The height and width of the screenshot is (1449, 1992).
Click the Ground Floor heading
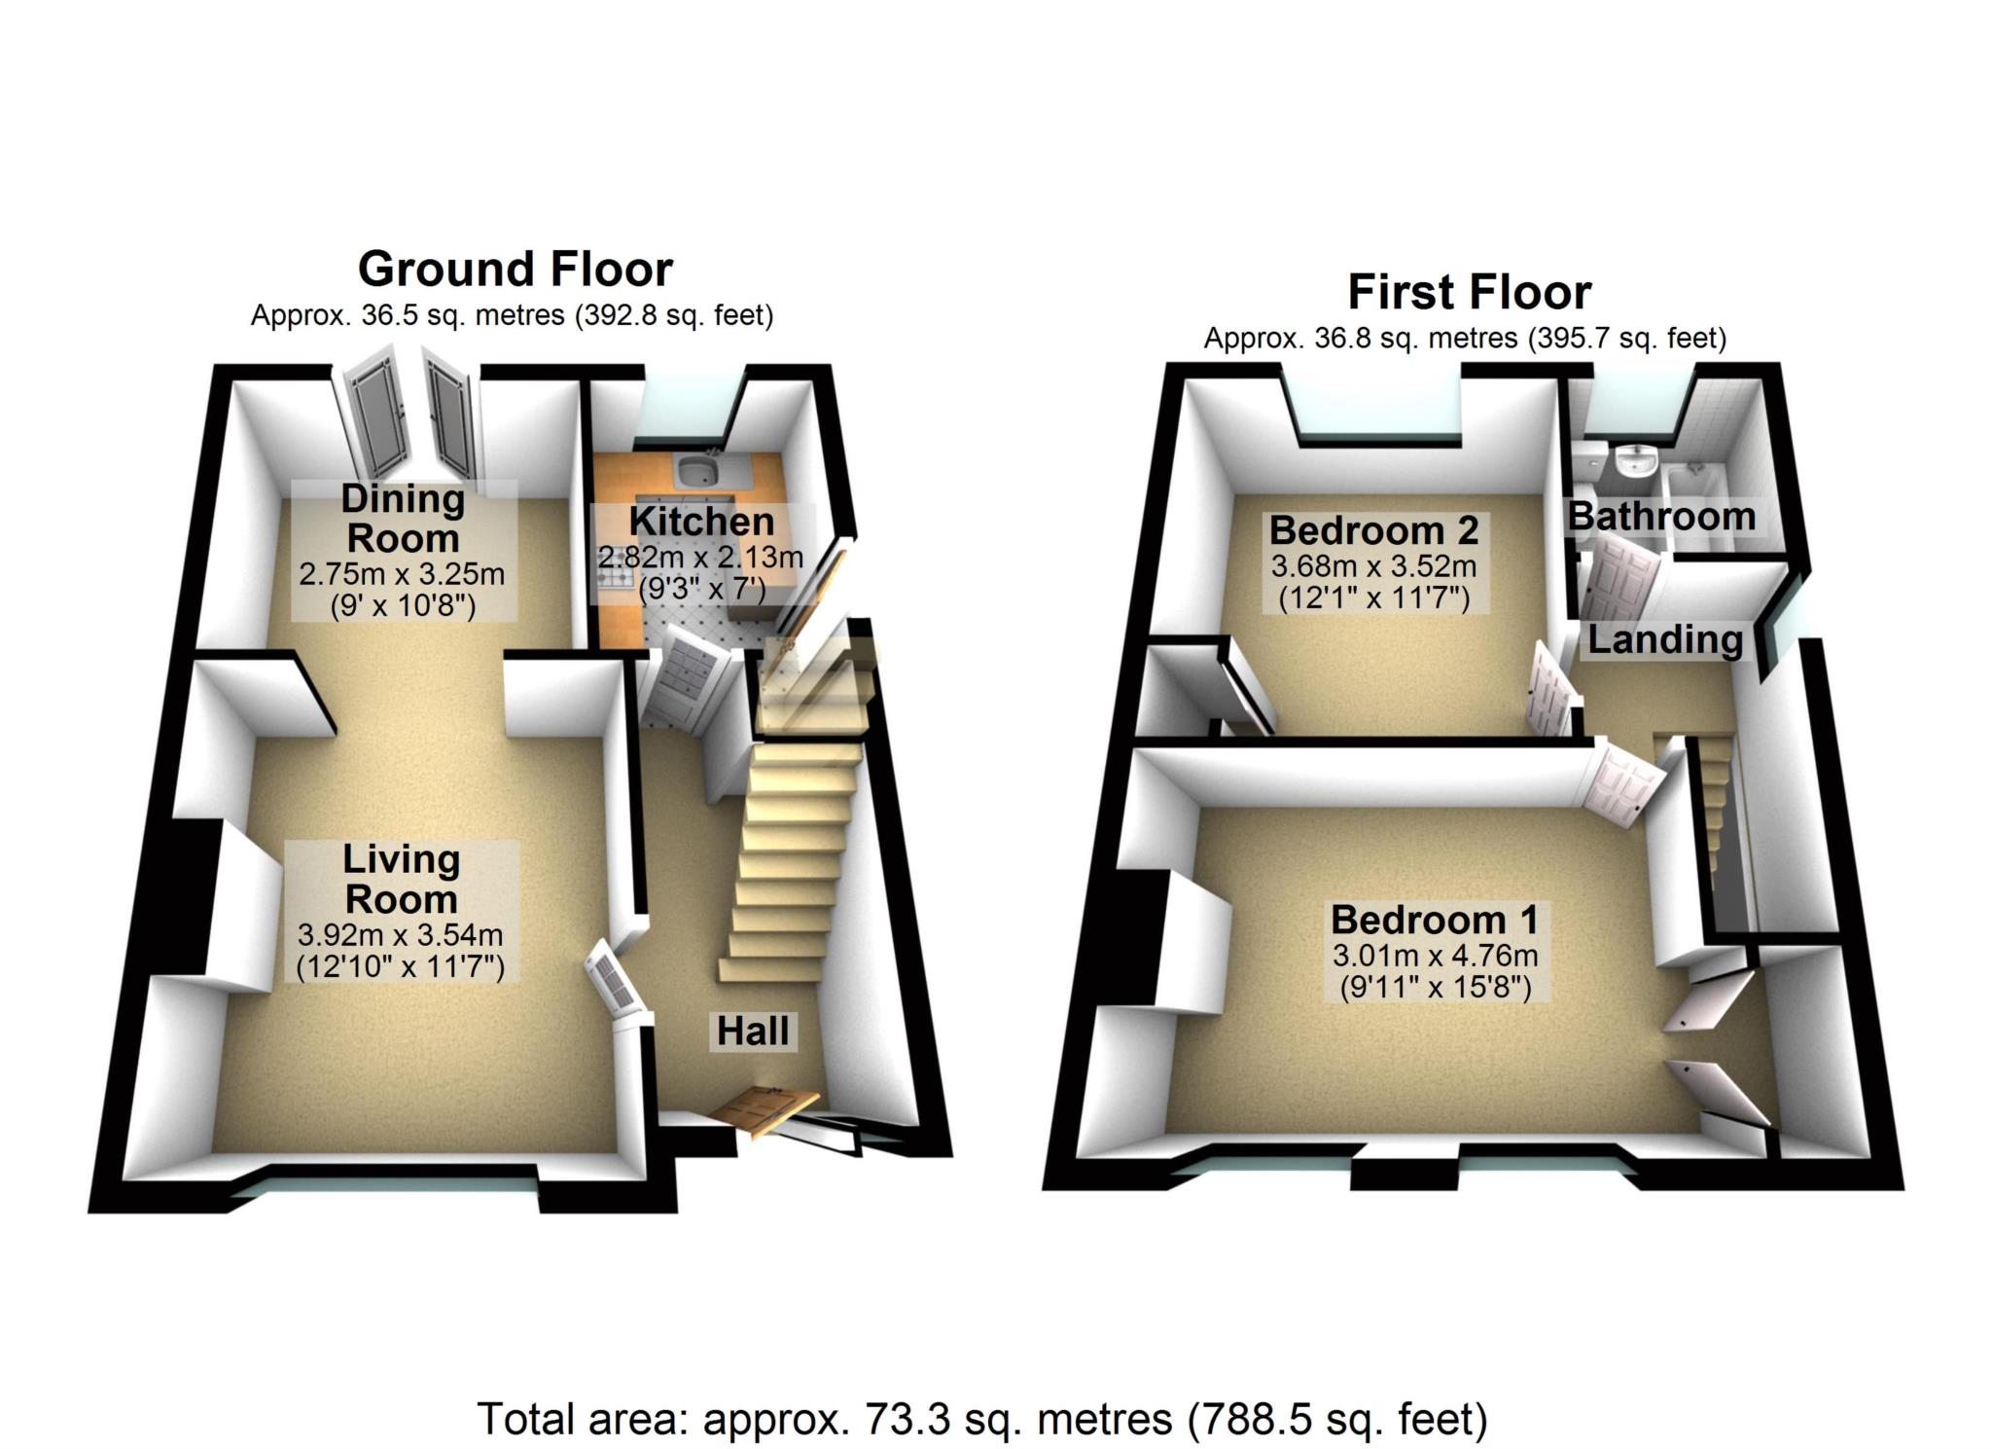point(515,269)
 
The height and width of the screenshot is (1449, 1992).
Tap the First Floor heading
point(1469,292)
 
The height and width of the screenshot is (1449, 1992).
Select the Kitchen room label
point(701,522)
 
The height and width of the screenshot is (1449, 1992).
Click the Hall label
point(753,1032)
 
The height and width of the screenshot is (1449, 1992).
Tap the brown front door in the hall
point(765,1110)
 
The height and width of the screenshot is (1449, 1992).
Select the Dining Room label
point(403,518)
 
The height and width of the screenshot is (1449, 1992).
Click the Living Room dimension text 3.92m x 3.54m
point(400,935)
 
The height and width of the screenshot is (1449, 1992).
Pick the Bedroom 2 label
point(1373,530)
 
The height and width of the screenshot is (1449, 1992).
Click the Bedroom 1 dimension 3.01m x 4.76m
point(1435,955)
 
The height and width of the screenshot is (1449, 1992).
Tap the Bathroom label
point(1661,516)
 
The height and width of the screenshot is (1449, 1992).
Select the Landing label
point(1665,639)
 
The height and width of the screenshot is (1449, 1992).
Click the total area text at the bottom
point(982,1420)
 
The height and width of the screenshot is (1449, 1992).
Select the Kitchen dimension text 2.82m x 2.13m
point(700,558)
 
